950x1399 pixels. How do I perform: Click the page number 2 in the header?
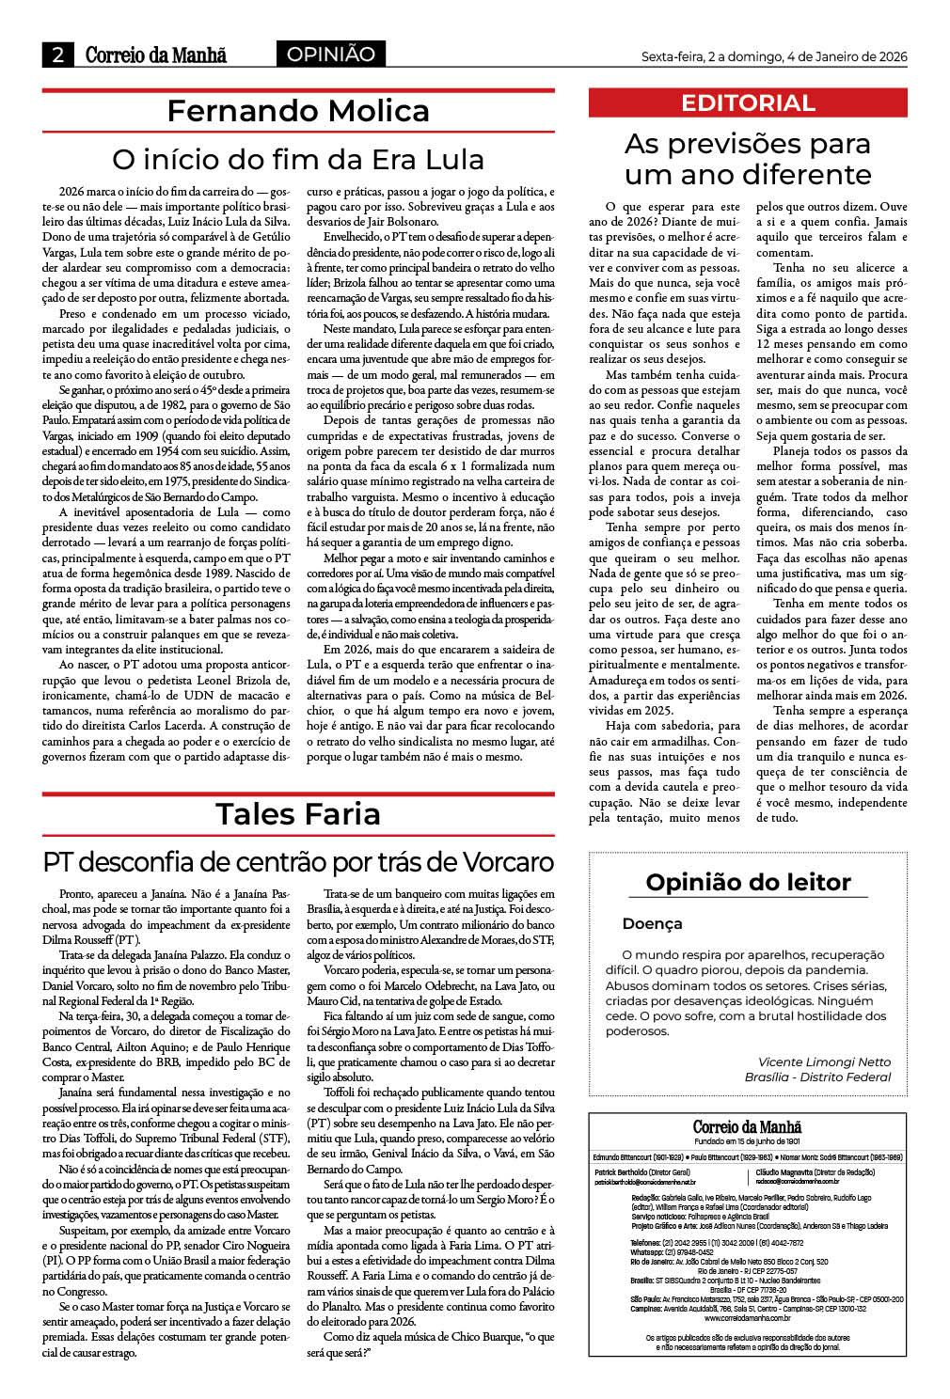pos(57,55)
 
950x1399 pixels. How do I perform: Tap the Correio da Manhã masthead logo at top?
pos(155,55)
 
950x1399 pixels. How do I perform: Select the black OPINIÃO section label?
pos(331,55)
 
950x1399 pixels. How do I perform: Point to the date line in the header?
pos(773,56)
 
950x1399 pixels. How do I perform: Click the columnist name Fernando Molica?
pos(298,111)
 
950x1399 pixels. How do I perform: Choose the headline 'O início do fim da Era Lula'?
pos(298,159)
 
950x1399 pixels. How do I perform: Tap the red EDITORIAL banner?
pos(748,102)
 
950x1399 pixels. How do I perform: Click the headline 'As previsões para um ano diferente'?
pos(748,159)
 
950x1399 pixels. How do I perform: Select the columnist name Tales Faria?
pos(298,813)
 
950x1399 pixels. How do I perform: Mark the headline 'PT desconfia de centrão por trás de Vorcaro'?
pos(298,861)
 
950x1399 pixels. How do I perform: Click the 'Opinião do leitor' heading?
pos(748,882)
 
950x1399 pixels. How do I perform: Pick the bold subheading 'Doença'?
pos(652,923)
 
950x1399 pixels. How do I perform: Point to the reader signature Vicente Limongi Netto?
pos(824,1061)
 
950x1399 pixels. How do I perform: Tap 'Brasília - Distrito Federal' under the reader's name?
pos(817,1077)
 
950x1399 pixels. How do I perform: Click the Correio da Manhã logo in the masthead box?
pos(748,1126)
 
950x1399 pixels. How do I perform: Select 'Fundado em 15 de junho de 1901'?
pos(748,1140)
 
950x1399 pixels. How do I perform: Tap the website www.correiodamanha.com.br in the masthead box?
pos(748,1317)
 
